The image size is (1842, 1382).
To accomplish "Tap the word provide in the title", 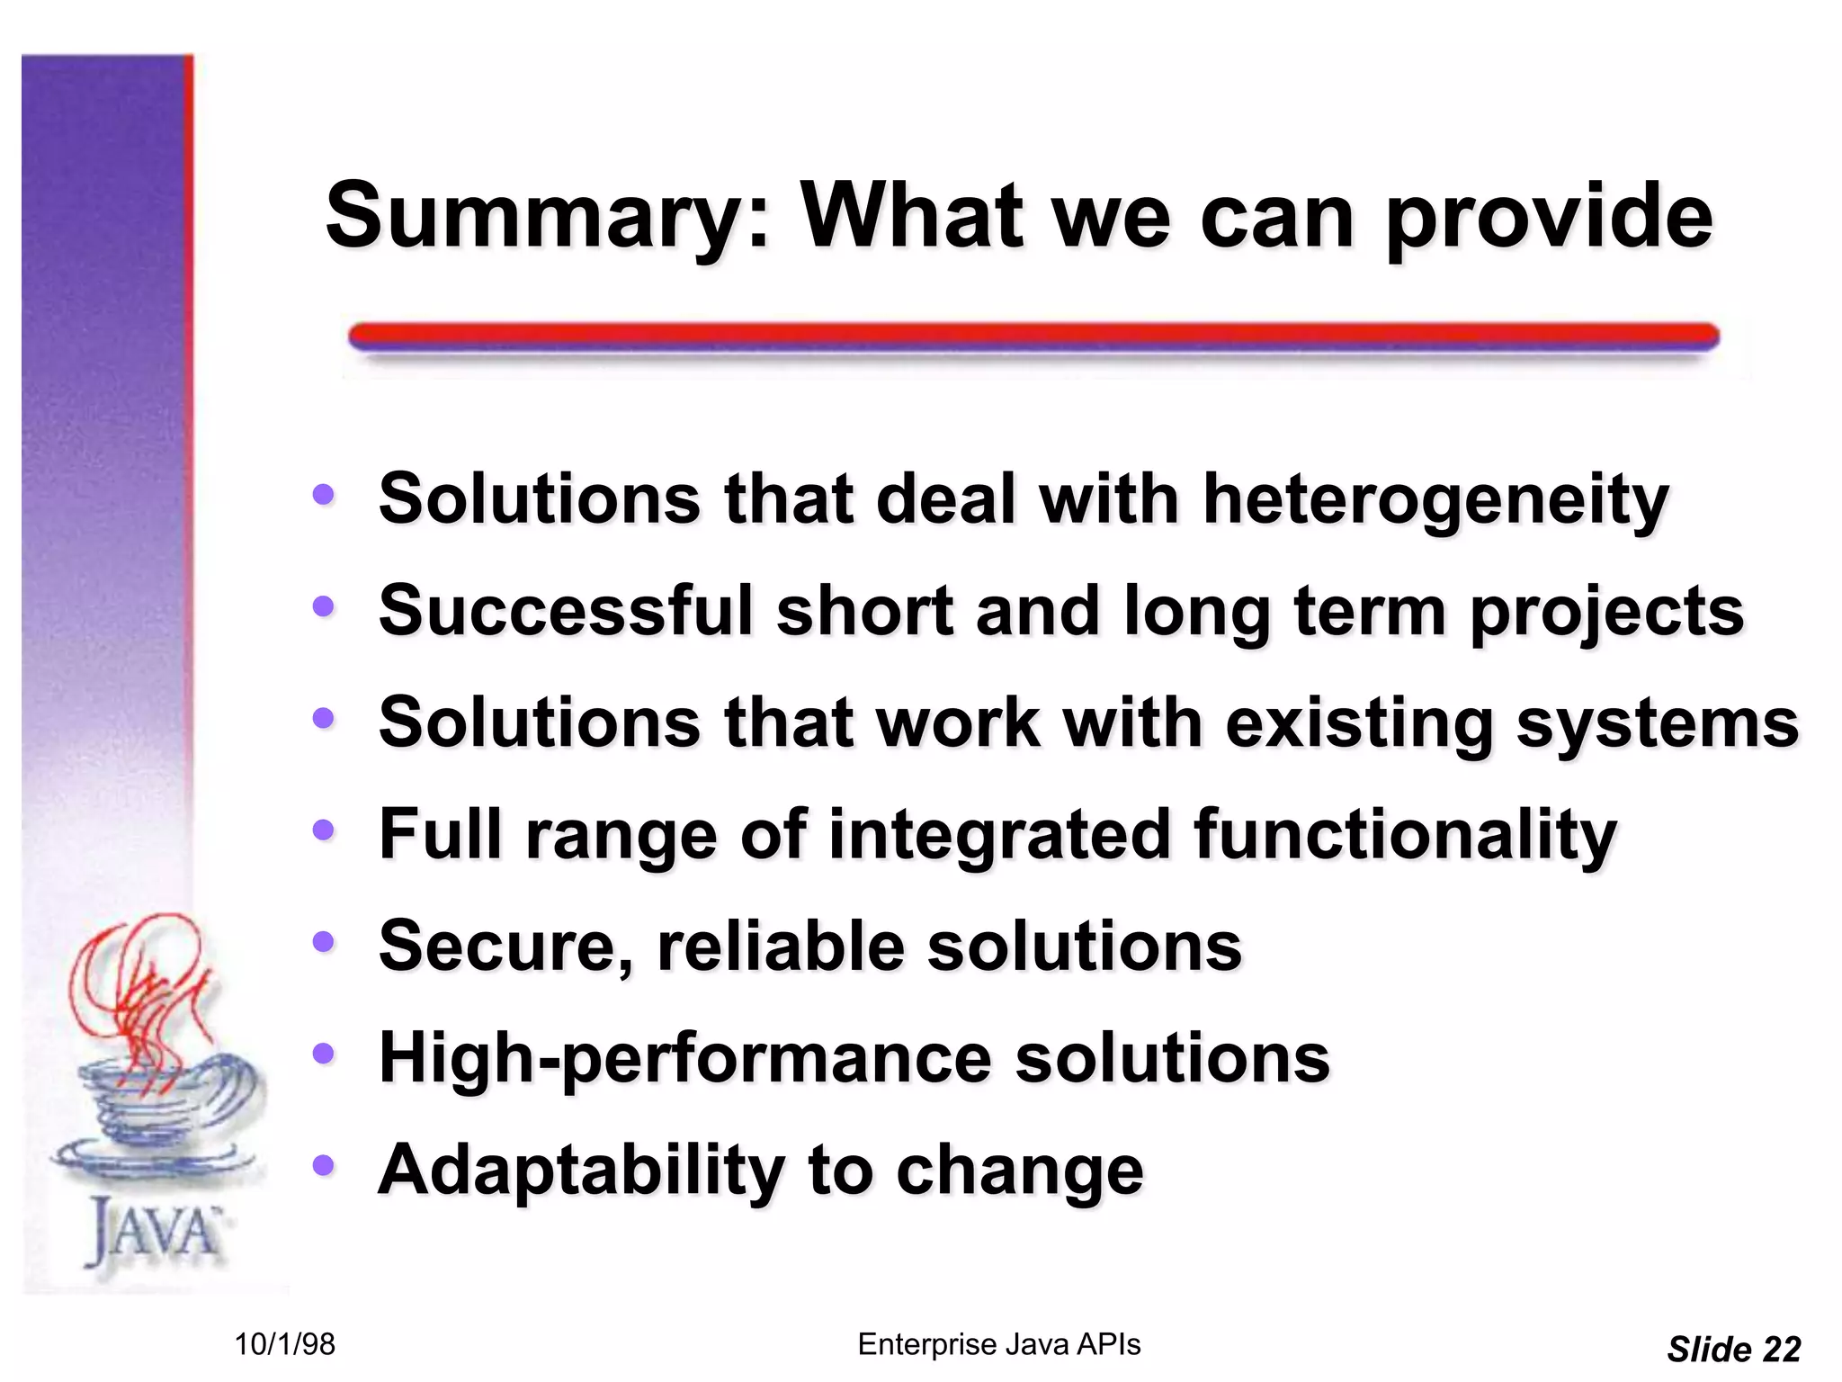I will (x=1549, y=218).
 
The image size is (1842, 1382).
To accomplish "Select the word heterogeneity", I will (x=1435, y=500).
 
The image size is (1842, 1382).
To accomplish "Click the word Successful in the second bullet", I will (x=565, y=611).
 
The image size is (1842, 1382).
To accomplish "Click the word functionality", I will (x=1405, y=835).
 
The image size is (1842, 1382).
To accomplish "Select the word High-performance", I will (x=685, y=1059).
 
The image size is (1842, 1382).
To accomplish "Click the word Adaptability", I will (x=581, y=1171).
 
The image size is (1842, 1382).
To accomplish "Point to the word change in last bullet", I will (x=1019, y=1171).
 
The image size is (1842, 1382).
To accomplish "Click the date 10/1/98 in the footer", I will (x=284, y=1345).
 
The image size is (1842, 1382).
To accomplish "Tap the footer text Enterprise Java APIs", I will (x=998, y=1344).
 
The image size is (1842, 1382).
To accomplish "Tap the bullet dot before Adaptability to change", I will (x=323, y=1165).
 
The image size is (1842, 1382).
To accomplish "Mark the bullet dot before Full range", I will (x=323, y=830).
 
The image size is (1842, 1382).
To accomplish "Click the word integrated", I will (x=999, y=835).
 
